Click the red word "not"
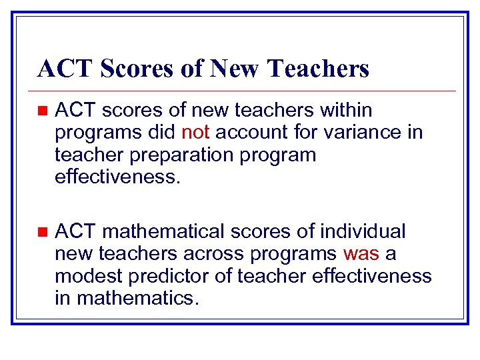(x=195, y=132)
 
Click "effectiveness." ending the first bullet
(x=118, y=177)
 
